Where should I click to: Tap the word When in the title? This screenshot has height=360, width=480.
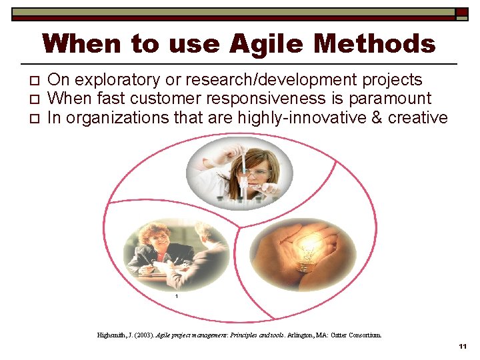[83, 45]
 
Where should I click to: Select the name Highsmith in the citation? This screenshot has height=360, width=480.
[112, 335]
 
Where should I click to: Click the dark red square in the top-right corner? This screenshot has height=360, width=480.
[462, 12]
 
